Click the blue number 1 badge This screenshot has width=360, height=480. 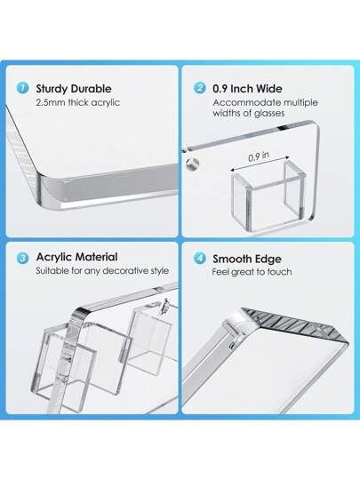[x=22, y=88]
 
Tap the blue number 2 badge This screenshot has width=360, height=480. [x=200, y=88]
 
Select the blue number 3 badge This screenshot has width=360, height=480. [x=22, y=258]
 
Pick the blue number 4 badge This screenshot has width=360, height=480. [x=200, y=258]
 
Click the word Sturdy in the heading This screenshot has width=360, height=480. [x=52, y=89]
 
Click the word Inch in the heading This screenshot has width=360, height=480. [x=242, y=89]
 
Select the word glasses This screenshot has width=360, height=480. [x=269, y=113]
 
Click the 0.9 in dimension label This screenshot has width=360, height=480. [x=259, y=156]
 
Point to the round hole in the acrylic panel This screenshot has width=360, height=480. [x=192, y=164]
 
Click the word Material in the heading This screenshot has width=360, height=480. [x=97, y=257]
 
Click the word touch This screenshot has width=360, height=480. [x=279, y=272]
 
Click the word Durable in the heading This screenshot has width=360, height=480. [x=92, y=89]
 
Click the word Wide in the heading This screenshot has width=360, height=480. [x=269, y=89]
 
